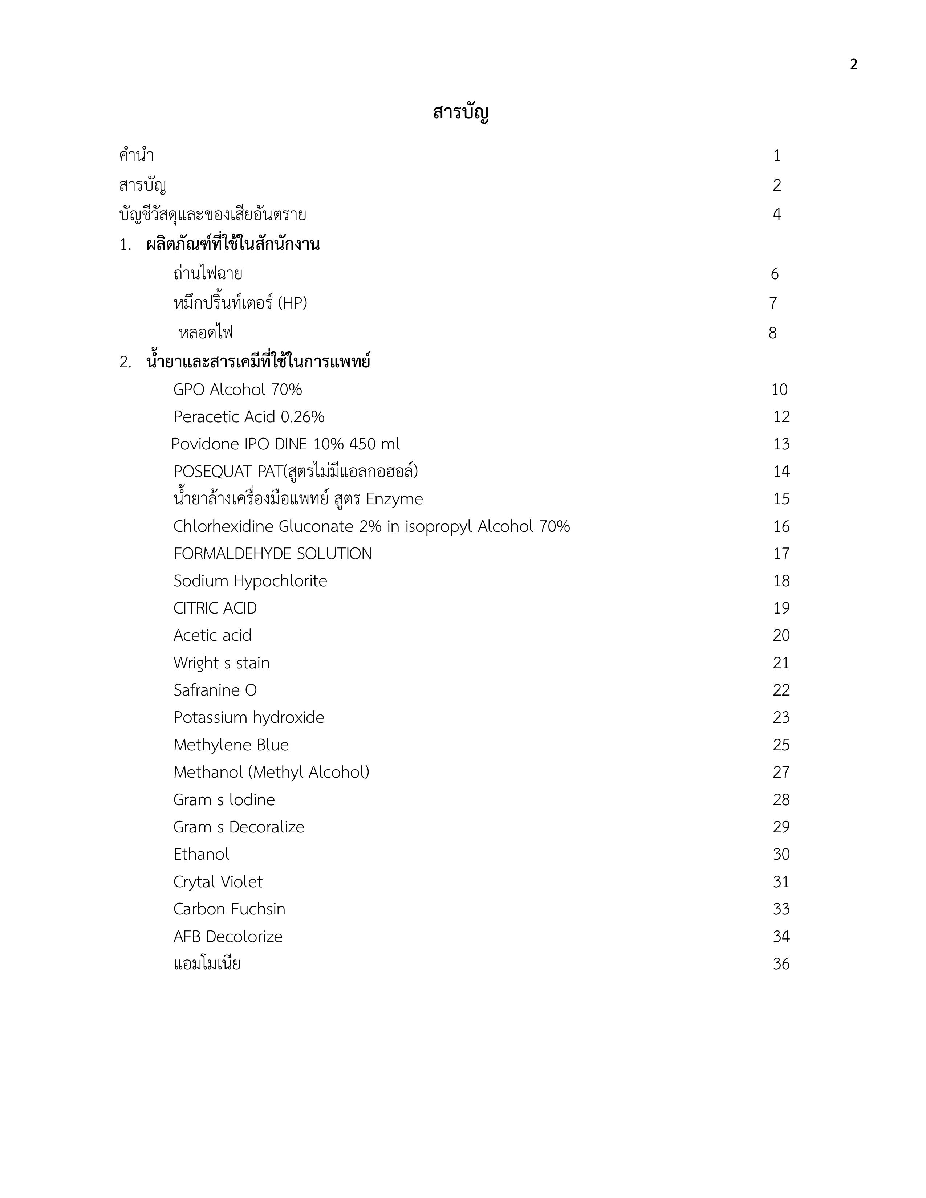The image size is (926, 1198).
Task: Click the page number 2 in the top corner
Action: [853, 65]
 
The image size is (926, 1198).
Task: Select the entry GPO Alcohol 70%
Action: [237, 390]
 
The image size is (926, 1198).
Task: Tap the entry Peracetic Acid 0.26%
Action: [248, 417]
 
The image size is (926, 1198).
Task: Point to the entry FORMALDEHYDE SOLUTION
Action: [272, 554]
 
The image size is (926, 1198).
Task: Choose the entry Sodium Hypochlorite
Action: [250, 581]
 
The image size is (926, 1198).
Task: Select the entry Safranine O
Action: [215, 690]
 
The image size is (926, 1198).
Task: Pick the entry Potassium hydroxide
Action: [248, 717]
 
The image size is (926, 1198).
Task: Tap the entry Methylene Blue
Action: [231, 745]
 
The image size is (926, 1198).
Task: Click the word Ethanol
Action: [201, 854]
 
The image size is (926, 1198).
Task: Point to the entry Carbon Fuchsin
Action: [229, 909]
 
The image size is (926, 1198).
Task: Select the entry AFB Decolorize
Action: [228, 936]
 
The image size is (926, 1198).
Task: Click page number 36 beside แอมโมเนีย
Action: [781, 964]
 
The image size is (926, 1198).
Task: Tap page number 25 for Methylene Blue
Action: [781, 745]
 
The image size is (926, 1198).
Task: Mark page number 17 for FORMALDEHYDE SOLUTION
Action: [781, 554]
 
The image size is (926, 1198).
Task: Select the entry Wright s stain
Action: [221, 663]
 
